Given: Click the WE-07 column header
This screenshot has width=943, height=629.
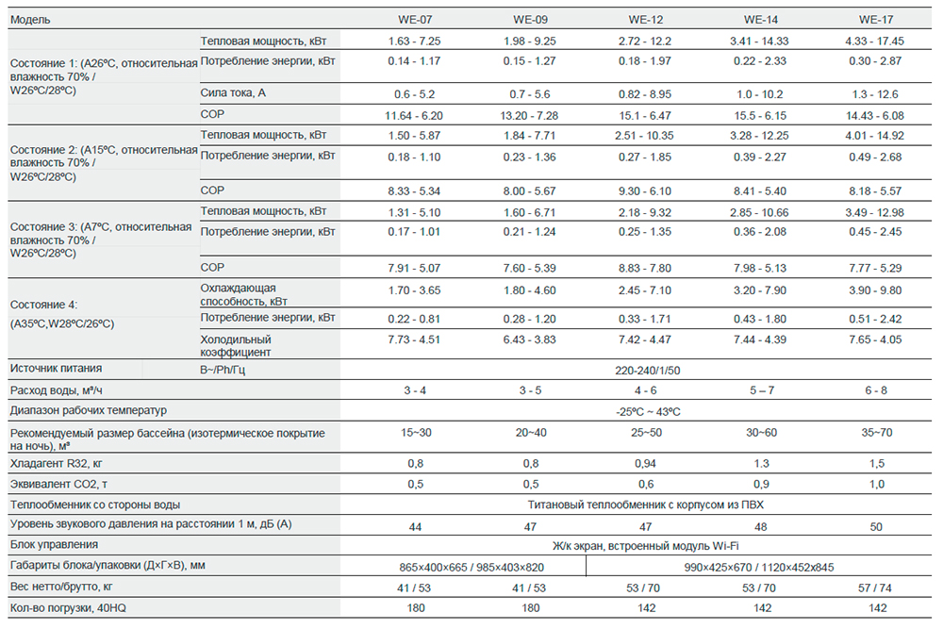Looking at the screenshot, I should (415, 19).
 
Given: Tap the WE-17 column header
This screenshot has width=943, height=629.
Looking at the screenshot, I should (875, 19).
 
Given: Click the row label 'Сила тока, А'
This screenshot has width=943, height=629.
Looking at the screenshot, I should (234, 94).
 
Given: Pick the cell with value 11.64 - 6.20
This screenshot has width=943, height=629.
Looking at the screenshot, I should (415, 116).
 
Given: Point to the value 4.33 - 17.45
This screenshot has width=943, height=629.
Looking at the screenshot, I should (875, 41).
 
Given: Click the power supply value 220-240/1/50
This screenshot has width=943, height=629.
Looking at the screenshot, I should (646, 371).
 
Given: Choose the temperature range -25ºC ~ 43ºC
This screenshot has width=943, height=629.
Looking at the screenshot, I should (646, 411).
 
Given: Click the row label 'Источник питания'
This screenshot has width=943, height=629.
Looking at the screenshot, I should (56, 369).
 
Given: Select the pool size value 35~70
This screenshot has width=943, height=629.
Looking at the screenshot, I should (875, 432).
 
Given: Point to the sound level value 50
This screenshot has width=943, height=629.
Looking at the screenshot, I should (875, 525).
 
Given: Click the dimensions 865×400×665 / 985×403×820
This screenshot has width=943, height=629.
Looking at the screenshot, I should (472, 566).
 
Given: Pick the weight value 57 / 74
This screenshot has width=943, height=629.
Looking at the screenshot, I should (875, 588).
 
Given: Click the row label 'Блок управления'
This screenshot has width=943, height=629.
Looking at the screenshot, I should (54, 544).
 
